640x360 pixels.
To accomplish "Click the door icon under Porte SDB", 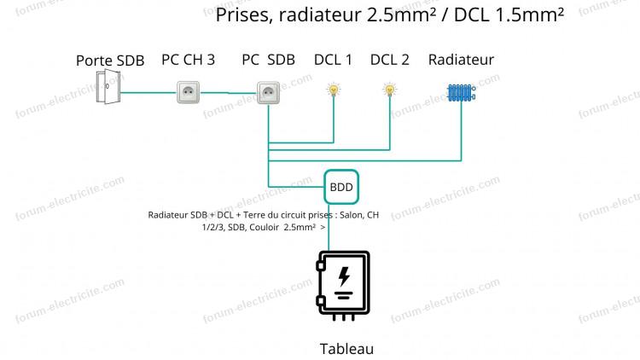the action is [x=108, y=86].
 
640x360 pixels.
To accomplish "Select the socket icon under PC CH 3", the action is [x=189, y=92].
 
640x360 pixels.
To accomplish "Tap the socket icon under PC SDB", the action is [x=268, y=93].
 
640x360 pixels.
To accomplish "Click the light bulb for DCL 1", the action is [x=334, y=90].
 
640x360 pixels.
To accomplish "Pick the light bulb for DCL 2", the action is [x=390, y=90].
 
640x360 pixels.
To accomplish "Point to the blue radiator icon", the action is [x=461, y=93].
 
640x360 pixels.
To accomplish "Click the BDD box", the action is [x=341, y=187].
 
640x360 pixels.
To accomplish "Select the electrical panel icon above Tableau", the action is [x=343, y=285].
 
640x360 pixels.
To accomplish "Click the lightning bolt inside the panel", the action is [x=344, y=276].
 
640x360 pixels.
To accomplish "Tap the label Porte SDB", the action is [x=110, y=61].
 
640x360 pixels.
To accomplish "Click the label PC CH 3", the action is [x=189, y=60].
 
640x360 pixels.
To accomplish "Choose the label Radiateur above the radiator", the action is [x=461, y=60].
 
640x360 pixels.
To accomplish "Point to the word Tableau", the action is [x=346, y=349].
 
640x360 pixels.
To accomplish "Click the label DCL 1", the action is [x=333, y=60].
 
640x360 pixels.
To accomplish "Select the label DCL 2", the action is [x=390, y=60].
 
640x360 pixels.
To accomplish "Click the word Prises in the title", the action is [x=244, y=15].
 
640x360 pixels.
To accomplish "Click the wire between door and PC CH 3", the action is [x=148, y=93].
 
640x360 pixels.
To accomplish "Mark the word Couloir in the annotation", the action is [x=265, y=228].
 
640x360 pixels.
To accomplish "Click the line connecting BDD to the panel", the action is [x=329, y=228].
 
